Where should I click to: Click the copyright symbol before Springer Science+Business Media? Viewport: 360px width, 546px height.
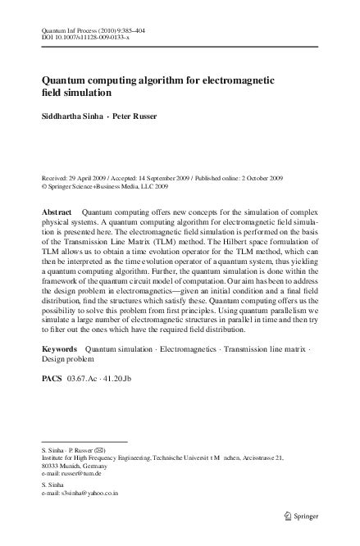44,184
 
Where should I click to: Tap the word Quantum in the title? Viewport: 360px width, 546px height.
70,80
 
